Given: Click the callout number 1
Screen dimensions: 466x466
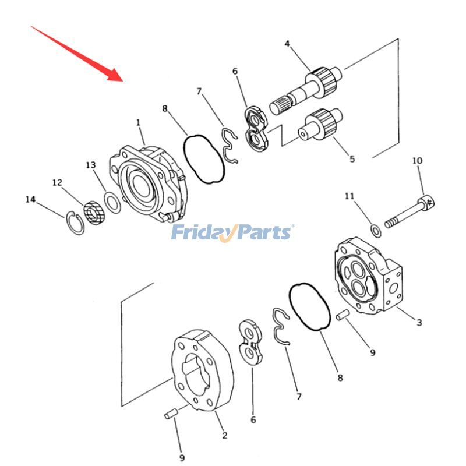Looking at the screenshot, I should (139, 123).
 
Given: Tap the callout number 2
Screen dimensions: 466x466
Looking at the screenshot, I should (224, 435).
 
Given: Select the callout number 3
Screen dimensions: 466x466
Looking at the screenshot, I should (419, 322).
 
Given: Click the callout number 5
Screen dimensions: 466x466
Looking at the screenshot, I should (352, 158).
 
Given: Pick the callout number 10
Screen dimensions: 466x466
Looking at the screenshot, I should (417, 160).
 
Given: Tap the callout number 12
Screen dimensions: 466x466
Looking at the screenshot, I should (57, 183).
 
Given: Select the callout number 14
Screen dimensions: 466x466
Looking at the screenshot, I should (30, 200).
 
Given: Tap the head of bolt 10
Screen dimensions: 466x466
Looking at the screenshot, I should (427, 203).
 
